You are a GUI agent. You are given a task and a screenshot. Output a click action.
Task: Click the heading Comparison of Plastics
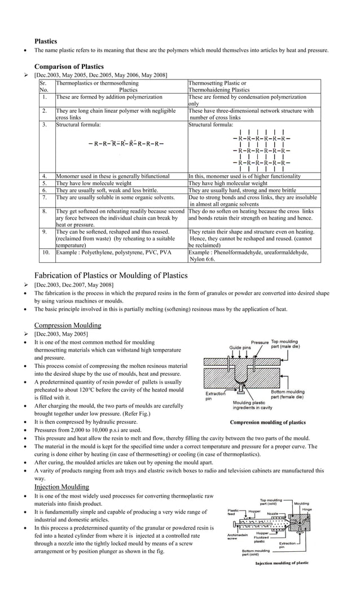(69, 66)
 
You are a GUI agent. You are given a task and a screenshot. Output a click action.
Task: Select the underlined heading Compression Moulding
(68, 325)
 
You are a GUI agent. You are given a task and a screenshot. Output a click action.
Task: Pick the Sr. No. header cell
(44, 86)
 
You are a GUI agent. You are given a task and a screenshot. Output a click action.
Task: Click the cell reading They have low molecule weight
(94, 183)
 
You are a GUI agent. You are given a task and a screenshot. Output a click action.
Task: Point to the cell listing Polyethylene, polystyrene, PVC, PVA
(113, 252)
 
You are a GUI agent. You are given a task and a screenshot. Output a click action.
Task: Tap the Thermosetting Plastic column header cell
(219, 86)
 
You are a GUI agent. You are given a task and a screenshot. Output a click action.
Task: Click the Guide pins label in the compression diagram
(239, 348)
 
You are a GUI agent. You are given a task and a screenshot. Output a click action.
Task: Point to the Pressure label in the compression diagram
(260, 342)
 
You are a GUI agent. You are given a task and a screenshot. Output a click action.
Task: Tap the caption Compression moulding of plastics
(267, 422)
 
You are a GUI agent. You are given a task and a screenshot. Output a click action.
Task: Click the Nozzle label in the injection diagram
(273, 514)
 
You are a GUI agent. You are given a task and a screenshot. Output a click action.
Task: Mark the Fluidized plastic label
(261, 540)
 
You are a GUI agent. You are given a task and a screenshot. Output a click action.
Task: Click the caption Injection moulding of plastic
(282, 563)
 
